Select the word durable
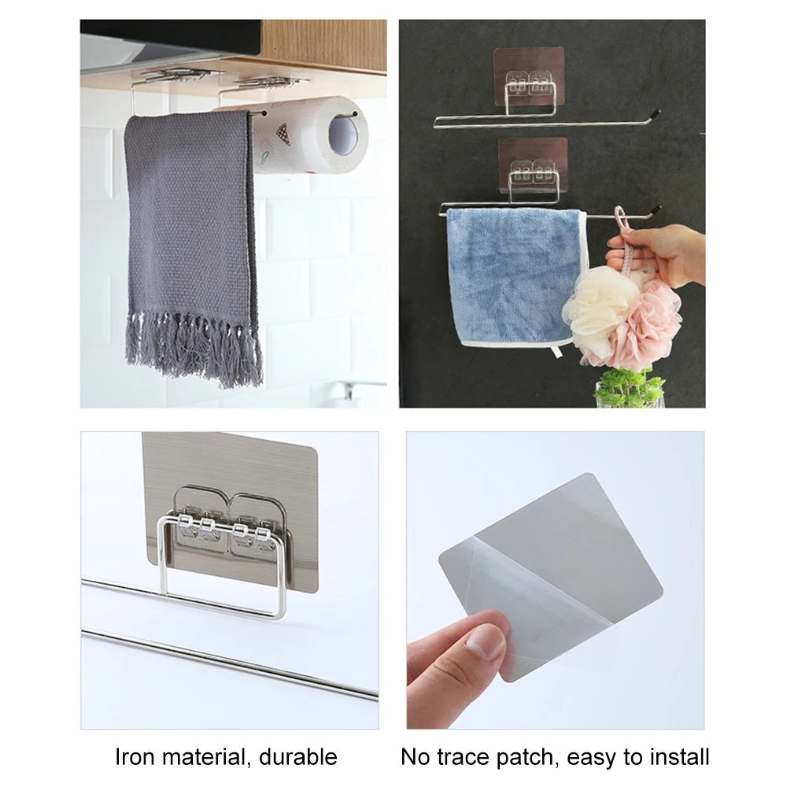298,757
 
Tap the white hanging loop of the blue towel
558,351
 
